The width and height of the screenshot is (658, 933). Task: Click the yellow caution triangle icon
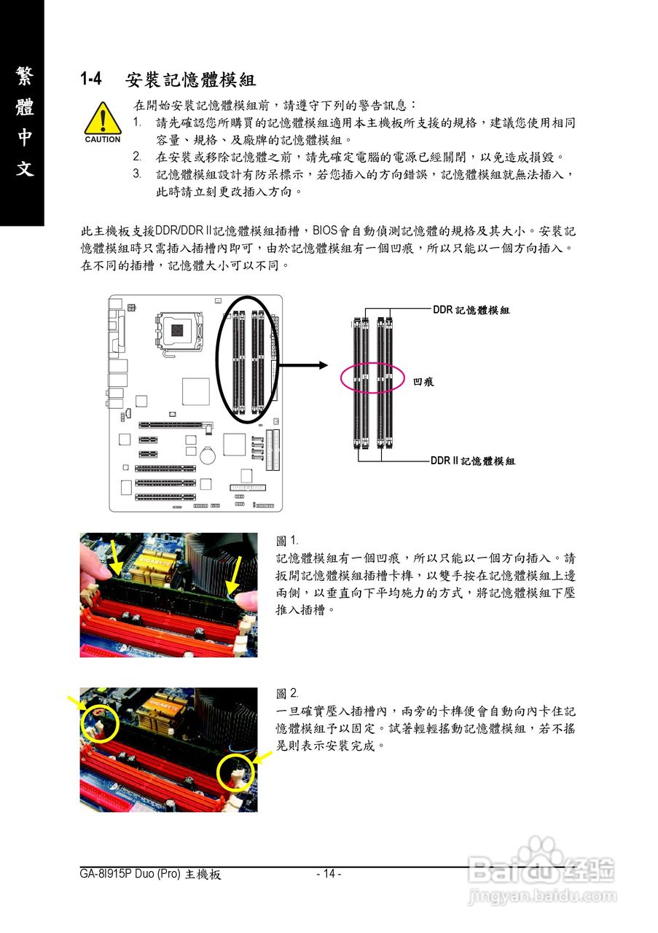[x=103, y=120]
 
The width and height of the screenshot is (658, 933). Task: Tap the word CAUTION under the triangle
[x=103, y=139]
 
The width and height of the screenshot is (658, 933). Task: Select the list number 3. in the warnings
[x=137, y=174]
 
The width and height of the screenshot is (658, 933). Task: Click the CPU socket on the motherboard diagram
[x=177, y=332]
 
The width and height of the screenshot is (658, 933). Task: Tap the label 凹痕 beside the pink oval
[x=423, y=381]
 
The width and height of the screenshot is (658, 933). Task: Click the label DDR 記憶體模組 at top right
[x=471, y=310]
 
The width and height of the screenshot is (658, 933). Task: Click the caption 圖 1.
[x=287, y=541]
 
